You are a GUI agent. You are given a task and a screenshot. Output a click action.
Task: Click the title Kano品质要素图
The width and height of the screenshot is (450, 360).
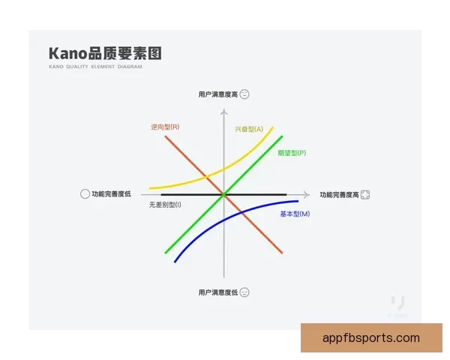[x=105, y=54]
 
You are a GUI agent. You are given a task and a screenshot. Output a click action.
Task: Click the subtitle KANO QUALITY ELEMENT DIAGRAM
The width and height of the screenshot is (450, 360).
[x=95, y=67]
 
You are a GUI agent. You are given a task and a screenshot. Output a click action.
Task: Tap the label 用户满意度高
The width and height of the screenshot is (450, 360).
[x=218, y=94]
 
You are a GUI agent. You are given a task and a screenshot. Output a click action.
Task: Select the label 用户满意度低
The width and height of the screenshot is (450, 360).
[x=218, y=292]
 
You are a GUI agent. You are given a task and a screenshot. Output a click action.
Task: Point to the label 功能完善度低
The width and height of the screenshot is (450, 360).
[x=111, y=194]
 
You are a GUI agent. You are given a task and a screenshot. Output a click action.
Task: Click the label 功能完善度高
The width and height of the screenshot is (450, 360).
[x=339, y=195]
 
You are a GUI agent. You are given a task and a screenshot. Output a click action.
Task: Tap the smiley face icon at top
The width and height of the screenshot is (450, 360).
[x=244, y=94]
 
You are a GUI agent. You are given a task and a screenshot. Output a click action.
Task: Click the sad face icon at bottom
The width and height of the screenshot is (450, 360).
[x=244, y=292]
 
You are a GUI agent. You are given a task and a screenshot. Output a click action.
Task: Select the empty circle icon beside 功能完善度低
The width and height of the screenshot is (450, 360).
[x=85, y=194]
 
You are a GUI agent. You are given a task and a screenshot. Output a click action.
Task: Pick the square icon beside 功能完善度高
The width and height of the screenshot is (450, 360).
[x=365, y=195]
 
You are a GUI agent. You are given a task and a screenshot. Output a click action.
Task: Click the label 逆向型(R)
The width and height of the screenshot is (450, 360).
[x=165, y=127]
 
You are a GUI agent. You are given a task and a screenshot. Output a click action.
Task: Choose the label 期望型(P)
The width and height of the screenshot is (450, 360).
[x=291, y=153]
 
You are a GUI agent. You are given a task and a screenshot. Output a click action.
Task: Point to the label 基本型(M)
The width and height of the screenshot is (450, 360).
[x=295, y=214]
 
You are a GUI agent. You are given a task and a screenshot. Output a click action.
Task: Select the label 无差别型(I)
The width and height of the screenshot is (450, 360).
[x=165, y=205]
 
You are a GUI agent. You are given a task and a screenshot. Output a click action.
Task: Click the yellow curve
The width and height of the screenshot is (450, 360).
[x=187, y=182]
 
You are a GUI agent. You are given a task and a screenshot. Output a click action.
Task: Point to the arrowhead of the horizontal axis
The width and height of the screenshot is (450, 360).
[x=305, y=194]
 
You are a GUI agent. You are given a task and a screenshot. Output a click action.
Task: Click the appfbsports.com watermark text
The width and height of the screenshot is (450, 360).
[x=371, y=338]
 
